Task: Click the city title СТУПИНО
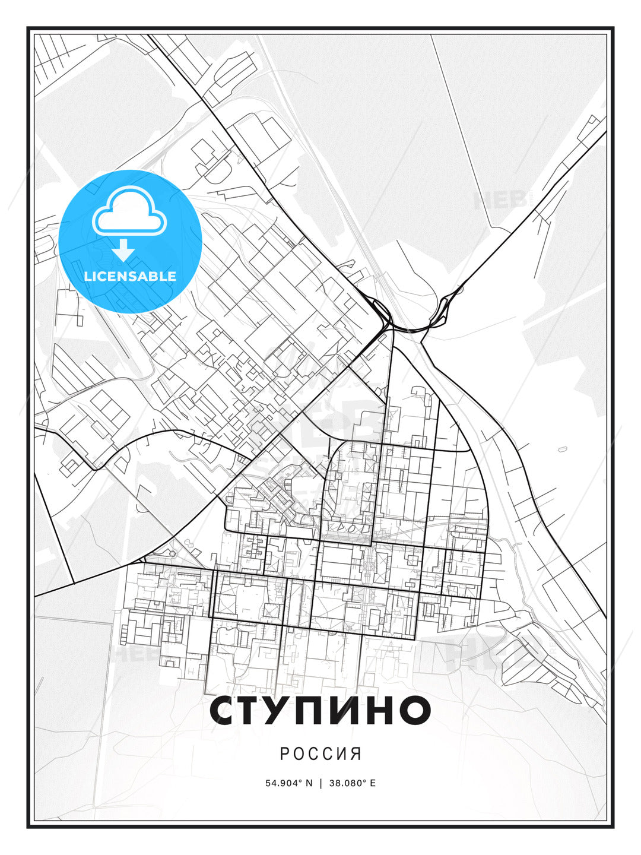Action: click(320, 710)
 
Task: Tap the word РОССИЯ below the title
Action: click(320, 753)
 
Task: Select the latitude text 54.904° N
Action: click(288, 783)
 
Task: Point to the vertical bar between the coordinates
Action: click(320, 783)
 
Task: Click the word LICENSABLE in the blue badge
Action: click(130, 276)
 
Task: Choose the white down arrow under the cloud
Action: click(123, 249)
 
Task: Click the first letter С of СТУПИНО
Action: click(225, 710)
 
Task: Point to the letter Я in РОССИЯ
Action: click(356, 753)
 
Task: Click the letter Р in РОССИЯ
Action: click(284, 753)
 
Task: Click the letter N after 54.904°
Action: click(309, 783)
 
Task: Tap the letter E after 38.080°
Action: click(372, 783)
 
